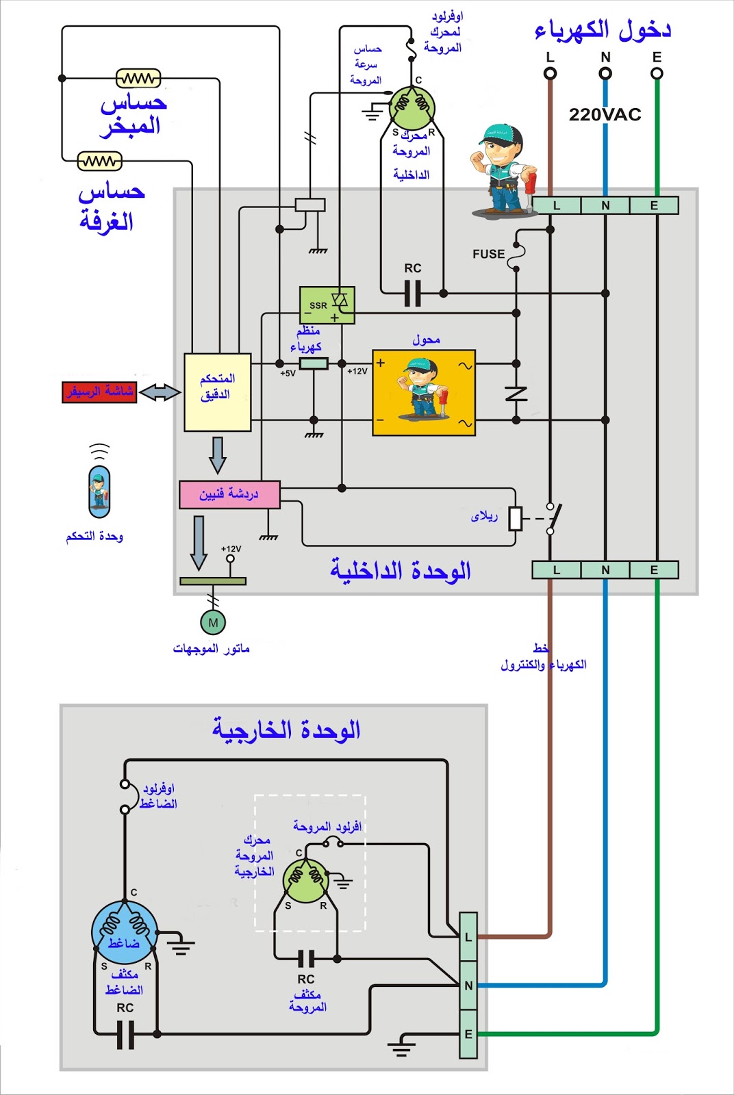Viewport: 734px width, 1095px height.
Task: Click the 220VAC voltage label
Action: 605,114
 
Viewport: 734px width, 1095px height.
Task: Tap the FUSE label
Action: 488,254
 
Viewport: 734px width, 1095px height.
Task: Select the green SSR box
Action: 327,305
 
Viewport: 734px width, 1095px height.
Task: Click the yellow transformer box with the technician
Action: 424,393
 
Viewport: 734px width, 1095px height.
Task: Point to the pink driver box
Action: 229,494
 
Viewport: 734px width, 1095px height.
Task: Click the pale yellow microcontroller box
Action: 217,392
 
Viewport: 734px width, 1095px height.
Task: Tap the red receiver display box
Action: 99,392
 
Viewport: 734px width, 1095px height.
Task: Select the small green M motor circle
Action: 213,623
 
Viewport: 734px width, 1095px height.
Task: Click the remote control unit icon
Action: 99,491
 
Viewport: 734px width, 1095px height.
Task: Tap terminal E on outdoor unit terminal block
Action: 468,1034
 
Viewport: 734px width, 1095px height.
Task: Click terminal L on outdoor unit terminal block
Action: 468,937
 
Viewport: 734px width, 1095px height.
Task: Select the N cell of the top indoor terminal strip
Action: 605,205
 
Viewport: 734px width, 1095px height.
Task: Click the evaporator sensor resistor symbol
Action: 138,79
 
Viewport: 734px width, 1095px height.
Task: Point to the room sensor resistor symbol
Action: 100,162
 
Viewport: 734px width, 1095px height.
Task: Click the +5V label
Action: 288,374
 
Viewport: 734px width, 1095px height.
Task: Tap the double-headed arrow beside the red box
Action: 160,392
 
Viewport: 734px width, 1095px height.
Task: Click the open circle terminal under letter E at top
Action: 657,73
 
